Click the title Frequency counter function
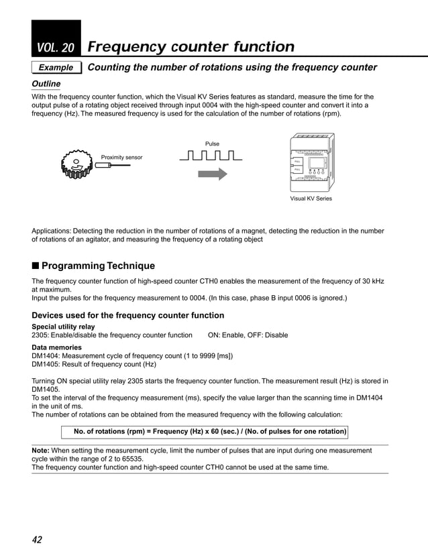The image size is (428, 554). coord(191,47)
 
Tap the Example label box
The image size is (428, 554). coord(56,68)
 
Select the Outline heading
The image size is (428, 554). coord(46,84)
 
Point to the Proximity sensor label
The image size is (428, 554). coord(121,157)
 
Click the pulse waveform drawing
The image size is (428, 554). coord(211,156)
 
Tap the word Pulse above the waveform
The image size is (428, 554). coord(212,144)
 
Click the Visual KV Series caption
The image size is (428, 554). coord(310,199)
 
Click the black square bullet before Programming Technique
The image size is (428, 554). coord(36,266)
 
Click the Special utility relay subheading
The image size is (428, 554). coord(64,327)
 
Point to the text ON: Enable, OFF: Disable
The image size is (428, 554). coord(248,335)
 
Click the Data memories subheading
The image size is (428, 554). coord(57,347)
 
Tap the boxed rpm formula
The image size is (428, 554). coord(209,431)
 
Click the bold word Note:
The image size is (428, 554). coord(43,451)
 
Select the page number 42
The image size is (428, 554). coord(38,539)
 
